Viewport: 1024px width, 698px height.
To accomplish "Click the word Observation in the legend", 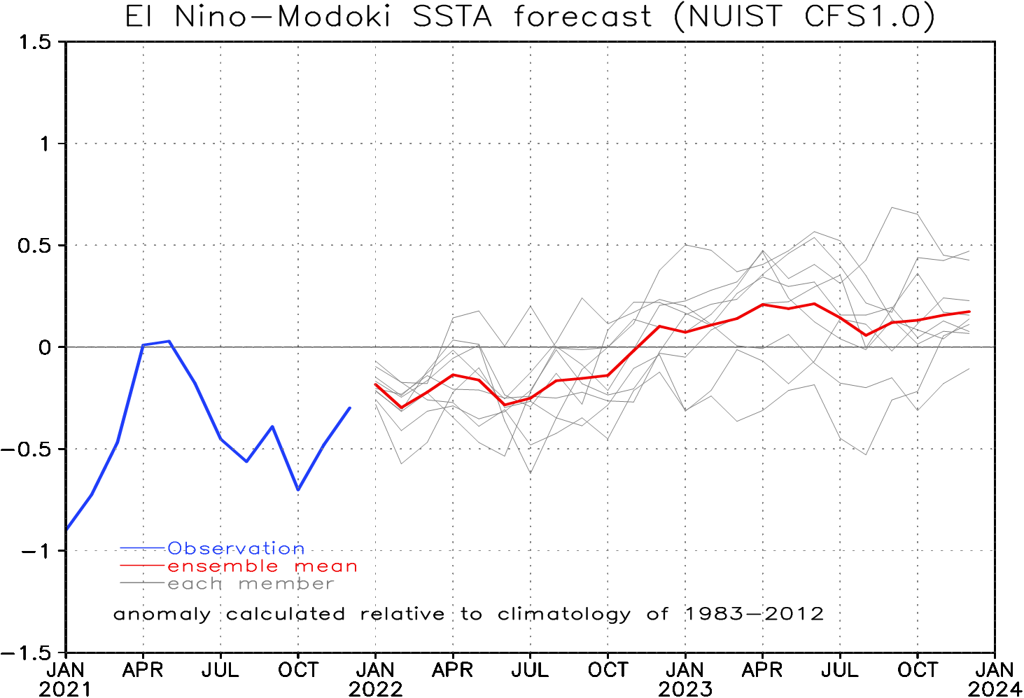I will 236,548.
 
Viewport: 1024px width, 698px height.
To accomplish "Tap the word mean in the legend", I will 326,566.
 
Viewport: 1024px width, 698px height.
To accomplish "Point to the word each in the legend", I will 195,584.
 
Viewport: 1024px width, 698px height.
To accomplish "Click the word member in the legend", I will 286,584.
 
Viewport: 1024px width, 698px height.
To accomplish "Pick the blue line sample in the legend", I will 143,547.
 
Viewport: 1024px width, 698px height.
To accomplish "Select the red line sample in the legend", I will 143,565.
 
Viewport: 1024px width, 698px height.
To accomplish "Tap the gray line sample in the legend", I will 143,583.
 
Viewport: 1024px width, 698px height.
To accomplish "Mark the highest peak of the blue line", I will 169,341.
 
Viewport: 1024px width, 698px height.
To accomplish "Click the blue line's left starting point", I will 67,529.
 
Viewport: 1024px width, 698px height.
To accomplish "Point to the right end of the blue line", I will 350,407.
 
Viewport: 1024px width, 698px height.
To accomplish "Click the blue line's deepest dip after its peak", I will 298,489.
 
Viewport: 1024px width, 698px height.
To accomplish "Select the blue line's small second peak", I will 272,426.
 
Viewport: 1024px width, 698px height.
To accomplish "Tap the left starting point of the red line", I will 376,384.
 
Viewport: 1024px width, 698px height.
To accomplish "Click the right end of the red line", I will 969,312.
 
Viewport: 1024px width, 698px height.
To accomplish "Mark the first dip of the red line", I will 402,407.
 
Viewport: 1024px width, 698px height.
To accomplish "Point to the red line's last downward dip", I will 867,335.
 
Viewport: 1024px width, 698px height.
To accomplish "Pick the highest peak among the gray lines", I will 892,207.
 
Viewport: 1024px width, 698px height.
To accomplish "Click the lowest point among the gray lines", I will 530,473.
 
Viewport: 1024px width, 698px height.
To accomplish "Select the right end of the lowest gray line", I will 969,368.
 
